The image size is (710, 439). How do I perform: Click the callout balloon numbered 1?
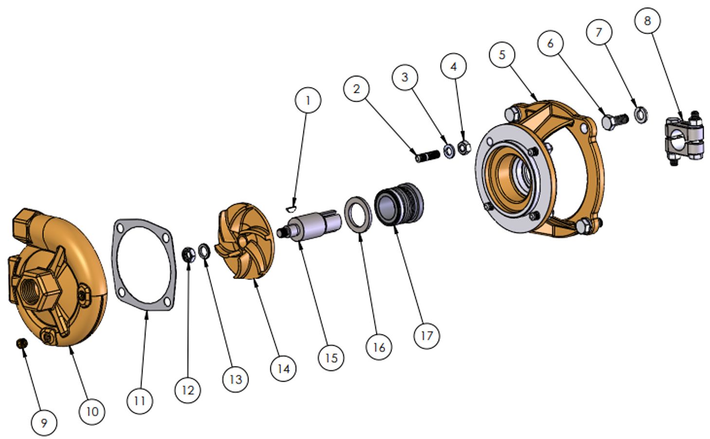pos(307,100)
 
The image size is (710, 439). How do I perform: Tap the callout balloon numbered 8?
pos(647,20)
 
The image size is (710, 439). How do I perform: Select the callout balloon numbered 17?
pos(426,335)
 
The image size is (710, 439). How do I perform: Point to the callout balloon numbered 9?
pos(44,423)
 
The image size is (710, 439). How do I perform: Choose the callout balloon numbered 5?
pos(502,55)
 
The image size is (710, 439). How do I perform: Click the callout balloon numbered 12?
pos(188,390)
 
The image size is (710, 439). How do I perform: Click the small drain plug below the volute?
pos(21,343)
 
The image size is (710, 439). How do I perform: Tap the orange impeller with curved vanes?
pos(245,242)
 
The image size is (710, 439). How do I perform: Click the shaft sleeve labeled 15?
pos(309,226)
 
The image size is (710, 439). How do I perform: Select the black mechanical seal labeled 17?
pos(399,204)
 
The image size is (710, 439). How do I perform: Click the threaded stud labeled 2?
pos(427,157)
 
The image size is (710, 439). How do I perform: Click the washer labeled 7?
pos(641,115)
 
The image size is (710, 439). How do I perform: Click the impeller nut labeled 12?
pos(189,254)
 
